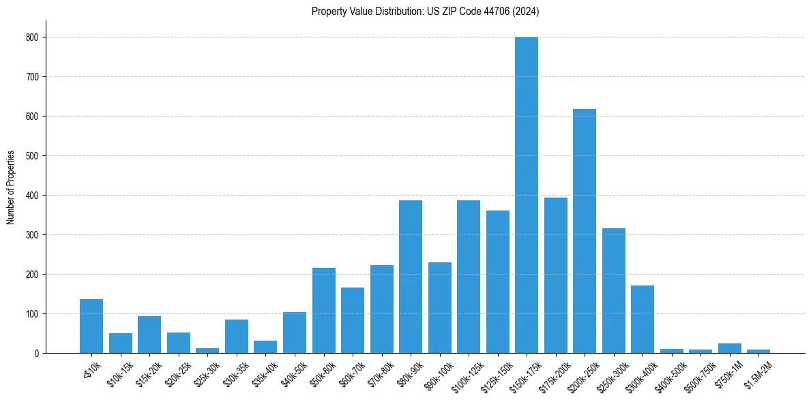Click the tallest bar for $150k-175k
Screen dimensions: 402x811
(x=527, y=195)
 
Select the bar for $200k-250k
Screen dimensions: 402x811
(x=585, y=231)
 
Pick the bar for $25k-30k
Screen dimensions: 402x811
(x=207, y=350)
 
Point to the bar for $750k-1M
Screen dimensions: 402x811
(x=729, y=348)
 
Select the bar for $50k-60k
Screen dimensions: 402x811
(x=323, y=311)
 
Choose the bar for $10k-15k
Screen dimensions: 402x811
(x=121, y=343)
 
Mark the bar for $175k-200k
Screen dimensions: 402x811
(x=555, y=275)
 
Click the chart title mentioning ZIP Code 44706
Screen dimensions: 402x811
(x=426, y=11)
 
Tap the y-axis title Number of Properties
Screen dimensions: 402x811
(x=11, y=187)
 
